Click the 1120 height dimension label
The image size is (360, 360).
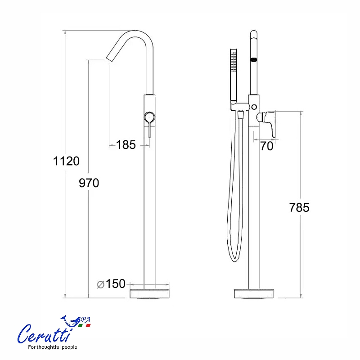tap(66, 161)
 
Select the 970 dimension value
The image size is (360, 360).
tap(89, 183)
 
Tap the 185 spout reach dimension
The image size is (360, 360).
tap(126, 144)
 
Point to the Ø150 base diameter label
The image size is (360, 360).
tap(111, 284)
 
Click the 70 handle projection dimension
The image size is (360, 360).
tap(267, 146)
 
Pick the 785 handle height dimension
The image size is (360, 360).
tap(299, 207)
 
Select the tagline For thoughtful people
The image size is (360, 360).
tap(53, 347)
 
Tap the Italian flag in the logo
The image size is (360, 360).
tap(85, 325)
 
